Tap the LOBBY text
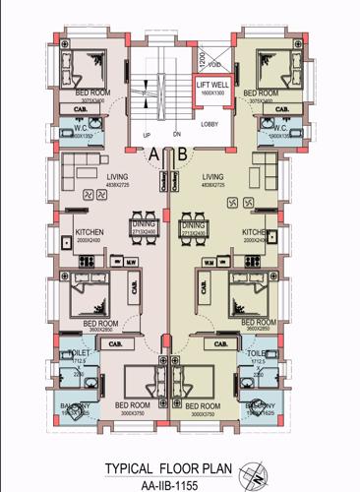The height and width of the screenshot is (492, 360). (x=210, y=124)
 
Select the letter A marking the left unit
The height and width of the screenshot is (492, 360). (x=153, y=153)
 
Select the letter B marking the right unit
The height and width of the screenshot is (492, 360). (x=182, y=153)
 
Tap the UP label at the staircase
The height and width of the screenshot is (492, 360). (x=147, y=136)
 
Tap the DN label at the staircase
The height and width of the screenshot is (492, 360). (x=176, y=136)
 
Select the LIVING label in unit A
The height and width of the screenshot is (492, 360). (x=117, y=176)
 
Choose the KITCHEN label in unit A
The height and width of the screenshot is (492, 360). (x=89, y=233)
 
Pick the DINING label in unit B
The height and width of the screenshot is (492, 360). (x=193, y=225)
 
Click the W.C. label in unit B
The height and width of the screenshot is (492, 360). (x=278, y=127)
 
